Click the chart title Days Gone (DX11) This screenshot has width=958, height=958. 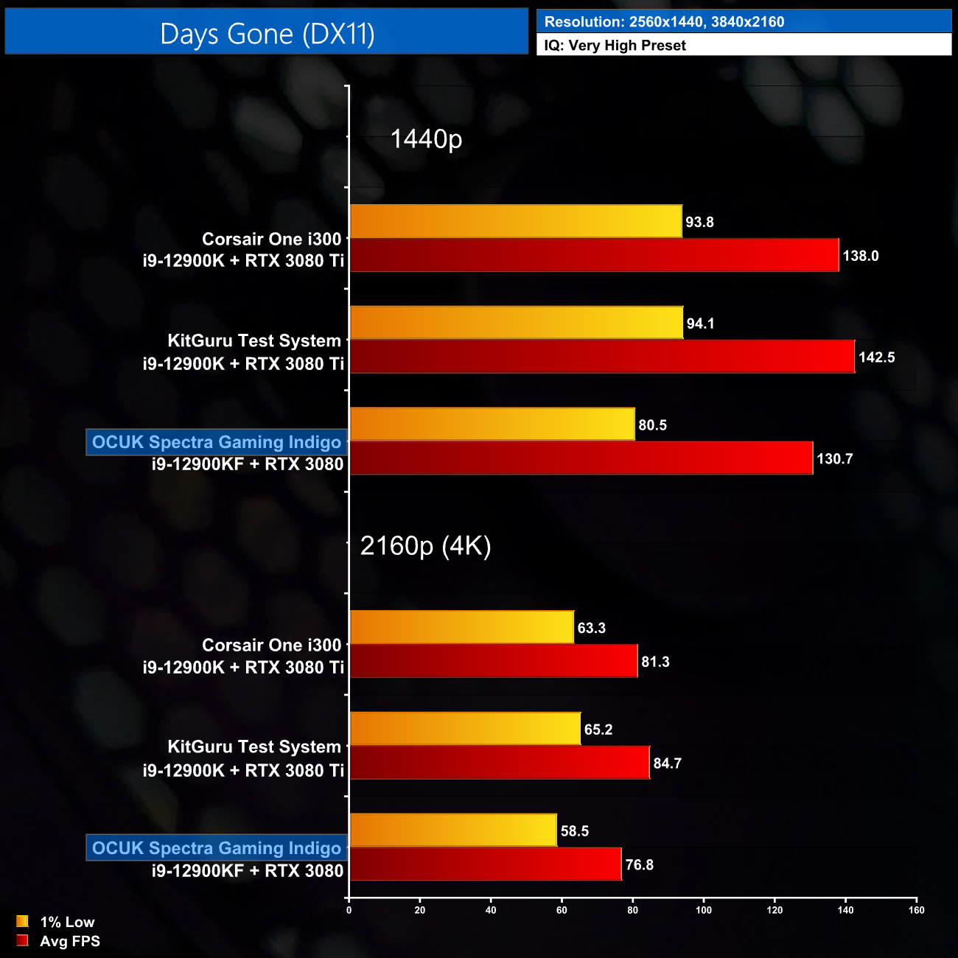(x=267, y=34)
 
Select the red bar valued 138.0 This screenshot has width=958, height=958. (x=594, y=255)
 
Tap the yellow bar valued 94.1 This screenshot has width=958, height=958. (x=516, y=323)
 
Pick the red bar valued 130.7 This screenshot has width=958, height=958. (x=581, y=458)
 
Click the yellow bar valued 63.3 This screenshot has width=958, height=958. (x=461, y=627)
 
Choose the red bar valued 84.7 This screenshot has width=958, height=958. (x=499, y=763)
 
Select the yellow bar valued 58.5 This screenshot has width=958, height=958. (x=453, y=831)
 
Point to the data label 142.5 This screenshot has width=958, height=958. (x=877, y=357)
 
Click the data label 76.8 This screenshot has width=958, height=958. (x=639, y=864)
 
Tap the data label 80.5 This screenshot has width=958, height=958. (x=652, y=425)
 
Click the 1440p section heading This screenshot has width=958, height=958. (x=426, y=139)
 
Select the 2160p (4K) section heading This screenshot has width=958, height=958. (x=425, y=545)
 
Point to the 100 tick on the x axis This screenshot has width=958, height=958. (x=704, y=910)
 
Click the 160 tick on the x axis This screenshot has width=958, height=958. (x=916, y=910)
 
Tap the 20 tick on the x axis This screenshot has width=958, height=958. (x=420, y=910)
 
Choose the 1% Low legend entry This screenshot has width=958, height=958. (x=66, y=922)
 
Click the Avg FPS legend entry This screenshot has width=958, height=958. (x=69, y=941)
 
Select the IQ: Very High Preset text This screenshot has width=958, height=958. (x=615, y=46)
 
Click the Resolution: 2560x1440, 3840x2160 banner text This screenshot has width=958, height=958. (x=664, y=22)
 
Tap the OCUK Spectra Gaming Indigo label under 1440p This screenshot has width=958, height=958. (x=217, y=442)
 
